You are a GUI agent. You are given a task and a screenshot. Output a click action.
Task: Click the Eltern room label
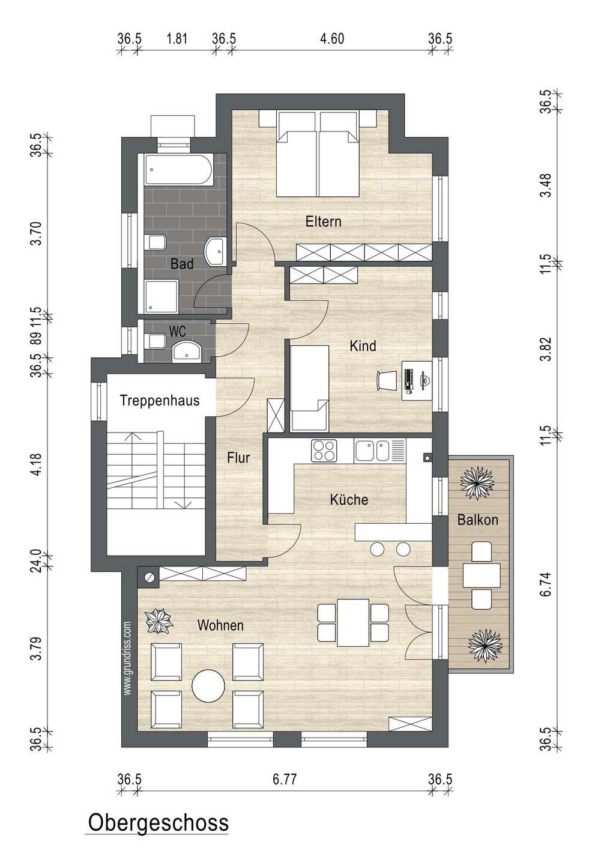pyautogui.click(x=323, y=221)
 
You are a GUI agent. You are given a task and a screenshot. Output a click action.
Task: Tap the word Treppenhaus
pyautogui.click(x=160, y=401)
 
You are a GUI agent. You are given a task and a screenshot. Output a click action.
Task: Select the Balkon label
pyautogui.click(x=477, y=520)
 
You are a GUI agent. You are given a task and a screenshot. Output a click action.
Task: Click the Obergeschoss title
pyautogui.click(x=159, y=822)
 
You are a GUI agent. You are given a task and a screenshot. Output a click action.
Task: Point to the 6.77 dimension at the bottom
pyautogui.click(x=285, y=779)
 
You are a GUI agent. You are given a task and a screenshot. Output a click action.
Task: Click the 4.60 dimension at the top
pyautogui.click(x=333, y=38)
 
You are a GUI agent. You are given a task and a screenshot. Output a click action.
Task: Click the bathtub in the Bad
pyautogui.click(x=178, y=169)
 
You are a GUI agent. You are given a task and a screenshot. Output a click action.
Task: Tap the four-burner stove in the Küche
pyautogui.click(x=324, y=451)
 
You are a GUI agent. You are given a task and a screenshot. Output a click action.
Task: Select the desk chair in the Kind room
pyautogui.click(x=387, y=380)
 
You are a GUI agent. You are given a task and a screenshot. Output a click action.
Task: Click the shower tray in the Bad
pyautogui.click(x=162, y=297)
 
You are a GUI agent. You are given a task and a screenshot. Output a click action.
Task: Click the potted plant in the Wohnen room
pyautogui.click(x=158, y=621)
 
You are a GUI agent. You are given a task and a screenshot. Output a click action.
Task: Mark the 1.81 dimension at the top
pyautogui.click(x=177, y=38)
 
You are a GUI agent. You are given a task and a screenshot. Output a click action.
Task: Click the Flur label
pyautogui.click(x=238, y=458)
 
